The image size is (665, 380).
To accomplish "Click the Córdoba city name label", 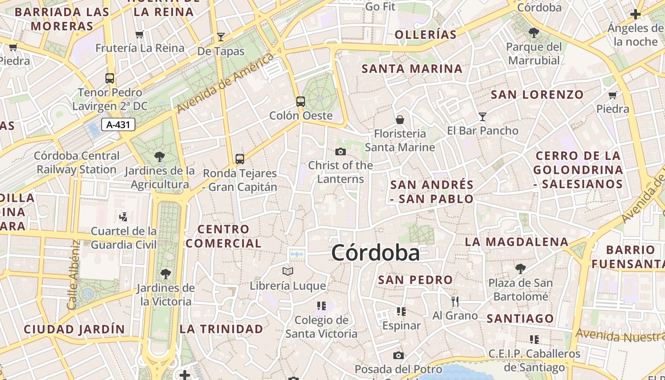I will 375,253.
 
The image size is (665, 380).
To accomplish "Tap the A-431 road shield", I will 118,125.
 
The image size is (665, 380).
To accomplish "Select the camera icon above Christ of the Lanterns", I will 340,152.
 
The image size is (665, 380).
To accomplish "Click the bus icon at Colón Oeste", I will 300,101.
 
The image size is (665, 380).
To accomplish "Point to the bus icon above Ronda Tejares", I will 240,159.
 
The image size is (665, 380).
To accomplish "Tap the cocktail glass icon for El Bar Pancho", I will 483,116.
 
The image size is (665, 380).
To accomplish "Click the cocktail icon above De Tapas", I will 221,37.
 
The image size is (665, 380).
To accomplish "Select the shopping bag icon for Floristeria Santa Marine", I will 400,119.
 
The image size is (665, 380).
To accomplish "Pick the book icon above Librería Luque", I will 288,272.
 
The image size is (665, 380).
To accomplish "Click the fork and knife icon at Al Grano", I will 455,301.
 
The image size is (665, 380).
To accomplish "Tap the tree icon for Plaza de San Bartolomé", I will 521,269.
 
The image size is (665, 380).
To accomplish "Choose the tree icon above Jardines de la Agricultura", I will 160,156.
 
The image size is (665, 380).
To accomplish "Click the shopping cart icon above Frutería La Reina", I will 140,34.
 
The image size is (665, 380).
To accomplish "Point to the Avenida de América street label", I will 226,83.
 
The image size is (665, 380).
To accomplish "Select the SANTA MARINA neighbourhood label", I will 412,69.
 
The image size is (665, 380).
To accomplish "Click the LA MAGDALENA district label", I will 516,242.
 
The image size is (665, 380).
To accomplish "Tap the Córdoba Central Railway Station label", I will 77,162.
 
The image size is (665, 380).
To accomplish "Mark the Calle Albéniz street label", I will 73,275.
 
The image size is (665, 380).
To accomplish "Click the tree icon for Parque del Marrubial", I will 534,33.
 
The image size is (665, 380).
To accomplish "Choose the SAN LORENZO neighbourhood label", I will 537,95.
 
